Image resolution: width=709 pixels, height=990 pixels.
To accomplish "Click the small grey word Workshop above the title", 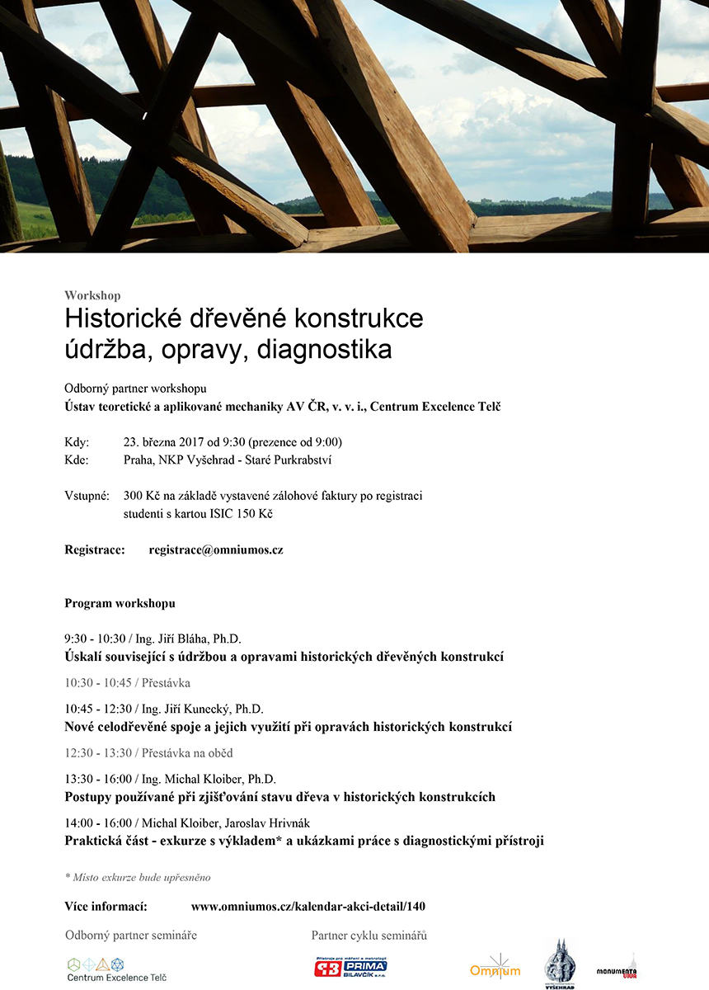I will tap(92, 295).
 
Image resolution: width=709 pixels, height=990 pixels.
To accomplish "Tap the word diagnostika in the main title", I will tap(325, 349).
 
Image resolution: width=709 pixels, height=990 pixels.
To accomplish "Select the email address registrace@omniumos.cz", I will tap(216, 549).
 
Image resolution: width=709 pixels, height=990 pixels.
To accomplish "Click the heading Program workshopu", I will tap(120, 603).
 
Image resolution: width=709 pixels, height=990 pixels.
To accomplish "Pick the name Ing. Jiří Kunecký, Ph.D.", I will tap(203, 709).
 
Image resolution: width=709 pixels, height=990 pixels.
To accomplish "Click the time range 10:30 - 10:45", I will tap(97, 683).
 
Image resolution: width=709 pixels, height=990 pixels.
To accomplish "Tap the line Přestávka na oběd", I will tap(187, 752).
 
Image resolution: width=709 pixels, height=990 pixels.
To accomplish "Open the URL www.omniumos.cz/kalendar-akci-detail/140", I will tap(308, 906).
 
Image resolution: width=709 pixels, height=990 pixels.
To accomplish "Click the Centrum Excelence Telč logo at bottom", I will tap(116, 969).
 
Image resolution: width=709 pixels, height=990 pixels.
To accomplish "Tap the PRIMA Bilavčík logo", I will tap(350, 968).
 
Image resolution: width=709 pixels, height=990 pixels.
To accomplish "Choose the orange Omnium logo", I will tap(495, 968).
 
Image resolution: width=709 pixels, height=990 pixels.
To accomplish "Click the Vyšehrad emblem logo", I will tap(560, 963).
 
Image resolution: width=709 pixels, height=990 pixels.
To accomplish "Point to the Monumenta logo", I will tap(617, 969).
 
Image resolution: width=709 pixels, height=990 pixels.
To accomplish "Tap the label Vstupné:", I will tap(87, 496).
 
